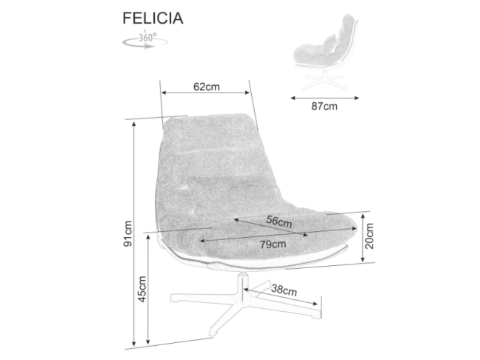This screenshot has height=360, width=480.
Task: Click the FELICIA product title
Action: (x=152, y=17)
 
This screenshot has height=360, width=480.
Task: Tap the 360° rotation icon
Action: (x=141, y=40)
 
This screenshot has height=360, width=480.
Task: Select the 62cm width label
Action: (x=206, y=87)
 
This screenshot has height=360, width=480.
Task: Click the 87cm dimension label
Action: (x=324, y=107)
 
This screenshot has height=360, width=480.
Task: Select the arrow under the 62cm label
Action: (x=206, y=93)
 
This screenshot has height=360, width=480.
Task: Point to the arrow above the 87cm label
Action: (x=324, y=96)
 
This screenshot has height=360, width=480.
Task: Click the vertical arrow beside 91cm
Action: (x=134, y=233)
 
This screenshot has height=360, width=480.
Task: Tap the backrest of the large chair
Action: (x=207, y=148)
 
